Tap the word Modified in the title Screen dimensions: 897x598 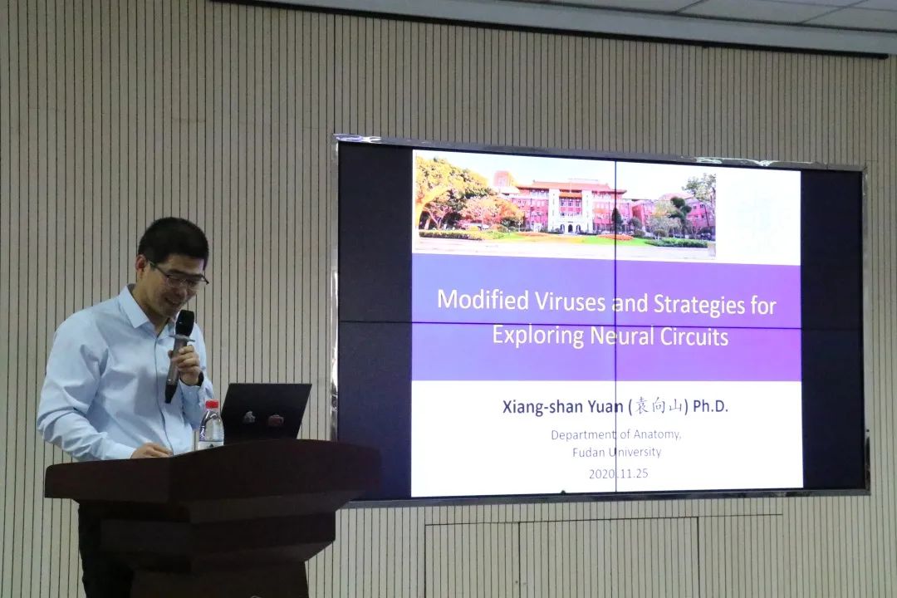click(x=483, y=299)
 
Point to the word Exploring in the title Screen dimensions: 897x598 click(x=538, y=335)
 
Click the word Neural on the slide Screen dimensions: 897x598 click(x=622, y=336)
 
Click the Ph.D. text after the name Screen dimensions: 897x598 click(x=710, y=406)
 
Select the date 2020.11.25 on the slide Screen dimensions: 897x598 click(x=618, y=473)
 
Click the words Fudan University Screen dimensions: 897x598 click(x=616, y=452)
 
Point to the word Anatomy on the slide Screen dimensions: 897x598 click(x=657, y=434)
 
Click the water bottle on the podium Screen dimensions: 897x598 click(x=211, y=425)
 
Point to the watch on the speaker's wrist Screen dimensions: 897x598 click(x=199, y=379)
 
